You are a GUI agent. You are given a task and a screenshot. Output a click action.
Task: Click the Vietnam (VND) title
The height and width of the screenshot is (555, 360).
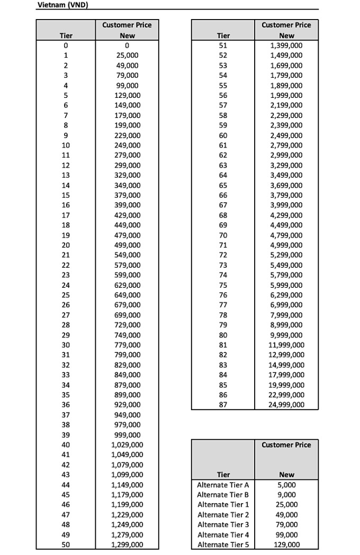click(62, 5)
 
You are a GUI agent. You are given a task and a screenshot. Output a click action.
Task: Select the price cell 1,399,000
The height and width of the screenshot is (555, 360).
click(286, 46)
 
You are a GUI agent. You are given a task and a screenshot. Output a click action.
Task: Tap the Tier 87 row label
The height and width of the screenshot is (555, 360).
click(223, 405)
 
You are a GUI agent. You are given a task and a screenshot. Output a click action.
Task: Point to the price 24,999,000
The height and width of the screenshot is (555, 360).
click(286, 405)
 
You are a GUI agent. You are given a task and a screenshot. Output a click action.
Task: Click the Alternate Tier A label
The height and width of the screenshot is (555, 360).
click(223, 485)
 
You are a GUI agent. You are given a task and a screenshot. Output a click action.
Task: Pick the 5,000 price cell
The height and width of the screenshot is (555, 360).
click(286, 485)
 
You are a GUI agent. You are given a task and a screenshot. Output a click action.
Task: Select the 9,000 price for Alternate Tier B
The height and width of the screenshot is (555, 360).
click(286, 495)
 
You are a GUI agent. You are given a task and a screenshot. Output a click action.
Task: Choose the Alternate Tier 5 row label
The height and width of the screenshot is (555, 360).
click(223, 544)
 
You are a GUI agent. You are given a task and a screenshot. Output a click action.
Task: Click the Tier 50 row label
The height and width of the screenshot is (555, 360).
click(66, 544)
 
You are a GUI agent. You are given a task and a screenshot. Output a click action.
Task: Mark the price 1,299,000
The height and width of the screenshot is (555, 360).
click(127, 544)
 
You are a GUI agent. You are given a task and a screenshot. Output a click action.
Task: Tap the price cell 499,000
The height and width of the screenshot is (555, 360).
click(128, 245)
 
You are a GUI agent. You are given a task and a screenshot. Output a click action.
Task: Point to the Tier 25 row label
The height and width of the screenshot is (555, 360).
click(66, 295)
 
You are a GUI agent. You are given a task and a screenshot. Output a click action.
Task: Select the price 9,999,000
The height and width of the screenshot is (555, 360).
click(286, 335)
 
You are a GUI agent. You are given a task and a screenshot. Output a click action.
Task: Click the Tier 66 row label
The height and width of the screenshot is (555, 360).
click(223, 195)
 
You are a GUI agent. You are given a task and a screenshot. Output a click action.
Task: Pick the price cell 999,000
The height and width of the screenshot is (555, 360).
click(128, 435)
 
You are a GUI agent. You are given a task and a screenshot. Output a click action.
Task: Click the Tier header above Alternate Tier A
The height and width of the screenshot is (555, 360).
click(223, 475)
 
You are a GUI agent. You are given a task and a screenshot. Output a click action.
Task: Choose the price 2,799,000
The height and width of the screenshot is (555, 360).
click(286, 145)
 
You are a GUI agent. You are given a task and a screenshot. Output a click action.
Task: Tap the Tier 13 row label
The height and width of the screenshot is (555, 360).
click(66, 175)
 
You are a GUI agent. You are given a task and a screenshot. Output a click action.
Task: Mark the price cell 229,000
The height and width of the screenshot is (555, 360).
click(128, 135)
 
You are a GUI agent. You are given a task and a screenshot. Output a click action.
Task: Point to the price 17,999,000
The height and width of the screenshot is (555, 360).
click(286, 375)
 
